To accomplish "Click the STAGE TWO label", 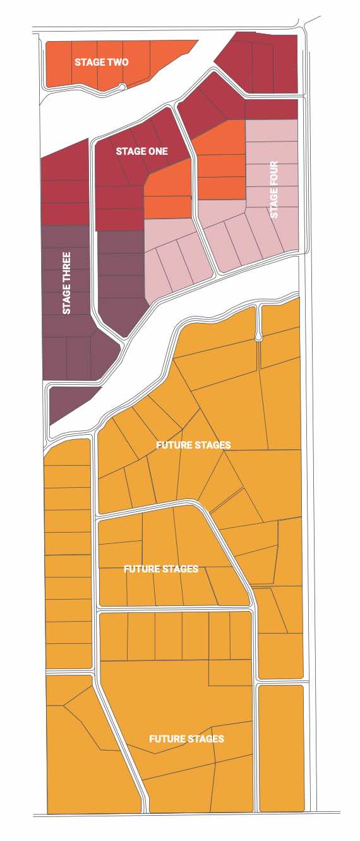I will (x=102, y=62).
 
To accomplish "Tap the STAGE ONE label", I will (x=141, y=152).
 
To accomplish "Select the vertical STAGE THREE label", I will (x=66, y=284).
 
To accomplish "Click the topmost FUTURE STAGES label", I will (x=193, y=445).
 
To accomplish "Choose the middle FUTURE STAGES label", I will (x=161, y=569).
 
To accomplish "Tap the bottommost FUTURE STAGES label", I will (x=186, y=739).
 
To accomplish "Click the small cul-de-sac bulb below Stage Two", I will (x=122, y=87).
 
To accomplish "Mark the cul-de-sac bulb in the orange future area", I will (x=258, y=337).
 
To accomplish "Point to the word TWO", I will (x=118, y=62).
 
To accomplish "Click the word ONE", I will (x=159, y=152).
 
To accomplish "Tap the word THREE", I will (x=66, y=270).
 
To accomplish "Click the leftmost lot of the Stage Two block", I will (x=59, y=64).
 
